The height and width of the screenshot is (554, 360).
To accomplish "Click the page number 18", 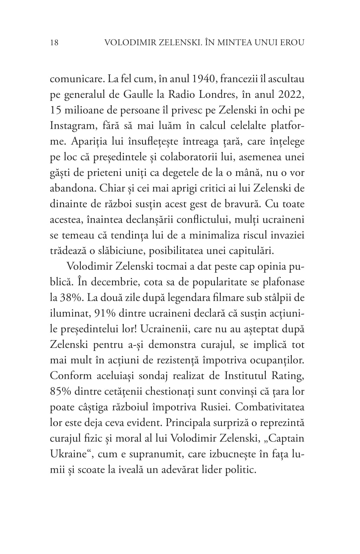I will coord(54,43).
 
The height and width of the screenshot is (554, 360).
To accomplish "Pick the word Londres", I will coord(214,95).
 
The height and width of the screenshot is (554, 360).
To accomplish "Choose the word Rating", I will coord(287,376).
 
